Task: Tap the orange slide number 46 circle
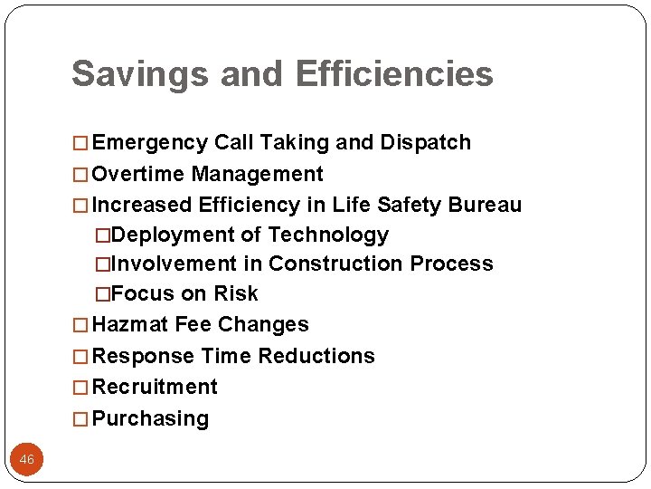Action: click(x=27, y=460)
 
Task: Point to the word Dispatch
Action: click(x=426, y=143)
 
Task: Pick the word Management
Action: click(x=258, y=174)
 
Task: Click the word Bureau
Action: click(x=488, y=205)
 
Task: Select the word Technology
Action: click(x=328, y=235)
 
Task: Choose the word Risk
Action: click(x=235, y=294)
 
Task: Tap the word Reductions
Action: click(x=316, y=356)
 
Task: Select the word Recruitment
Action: click(x=155, y=387)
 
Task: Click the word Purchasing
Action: click(x=150, y=418)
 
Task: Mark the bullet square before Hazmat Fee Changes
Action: click(x=81, y=325)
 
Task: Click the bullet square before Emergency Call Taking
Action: click(x=81, y=143)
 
